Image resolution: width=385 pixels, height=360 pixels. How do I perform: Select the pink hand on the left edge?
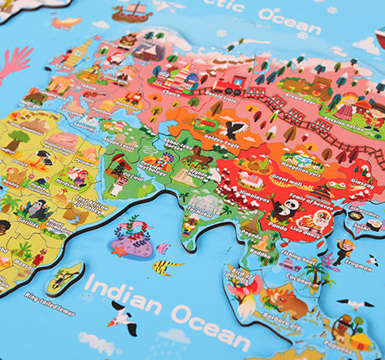[13, 62]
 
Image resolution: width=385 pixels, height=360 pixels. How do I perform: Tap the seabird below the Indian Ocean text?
[125, 318]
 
